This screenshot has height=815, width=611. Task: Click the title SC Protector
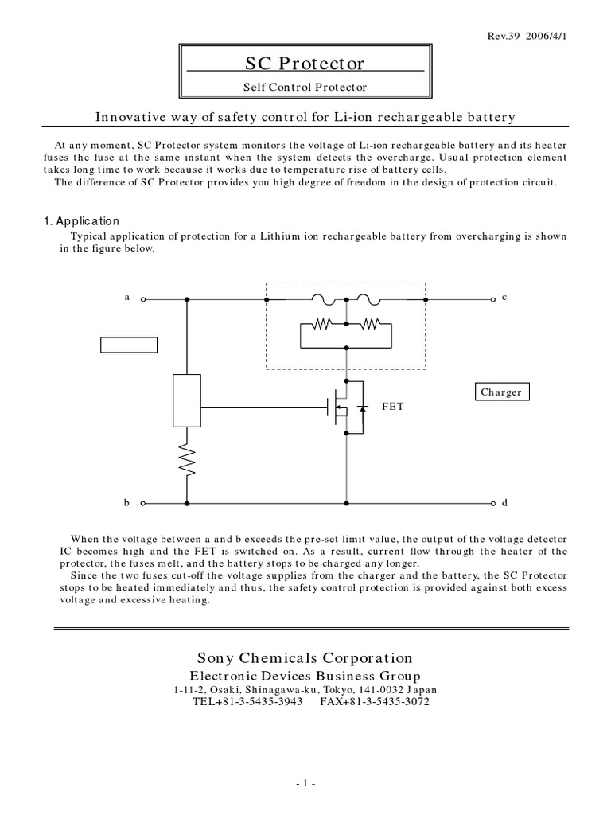(x=305, y=63)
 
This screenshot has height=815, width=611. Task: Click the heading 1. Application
(x=82, y=221)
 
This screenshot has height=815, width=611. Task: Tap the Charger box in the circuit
(x=501, y=392)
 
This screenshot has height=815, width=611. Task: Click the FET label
(x=393, y=406)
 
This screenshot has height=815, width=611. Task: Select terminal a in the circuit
(x=143, y=300)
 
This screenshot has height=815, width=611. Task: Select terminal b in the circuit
(x=143, y=503)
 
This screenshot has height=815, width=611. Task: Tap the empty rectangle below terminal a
(x=128, y=345)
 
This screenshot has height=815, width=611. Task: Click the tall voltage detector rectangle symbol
(x=186, y=400)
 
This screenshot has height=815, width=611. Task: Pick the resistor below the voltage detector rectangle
(x=186, y=460)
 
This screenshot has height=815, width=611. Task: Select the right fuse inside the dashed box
(x=368, y=300)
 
